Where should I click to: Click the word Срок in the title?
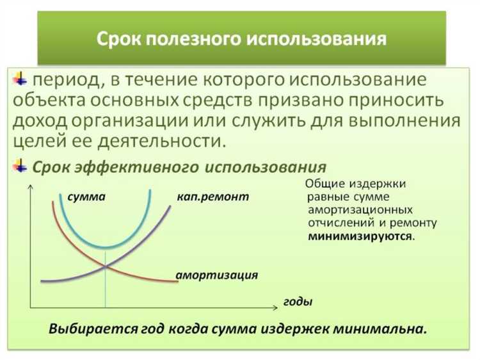(x=119, y=40)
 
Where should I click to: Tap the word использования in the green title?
(x=321, y=40)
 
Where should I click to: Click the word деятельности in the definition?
(x=157, y=140)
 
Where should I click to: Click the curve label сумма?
(x=86, y=197)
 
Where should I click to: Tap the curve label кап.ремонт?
(x=212, y=197)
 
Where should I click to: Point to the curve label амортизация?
(x=217, y=275)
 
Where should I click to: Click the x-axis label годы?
(x=298, y=300)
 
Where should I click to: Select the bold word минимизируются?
(x=360, y=235)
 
